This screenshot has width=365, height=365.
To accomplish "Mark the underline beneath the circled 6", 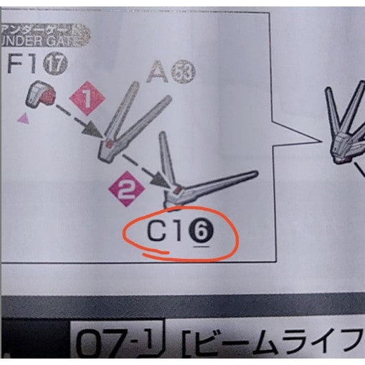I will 202,245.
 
